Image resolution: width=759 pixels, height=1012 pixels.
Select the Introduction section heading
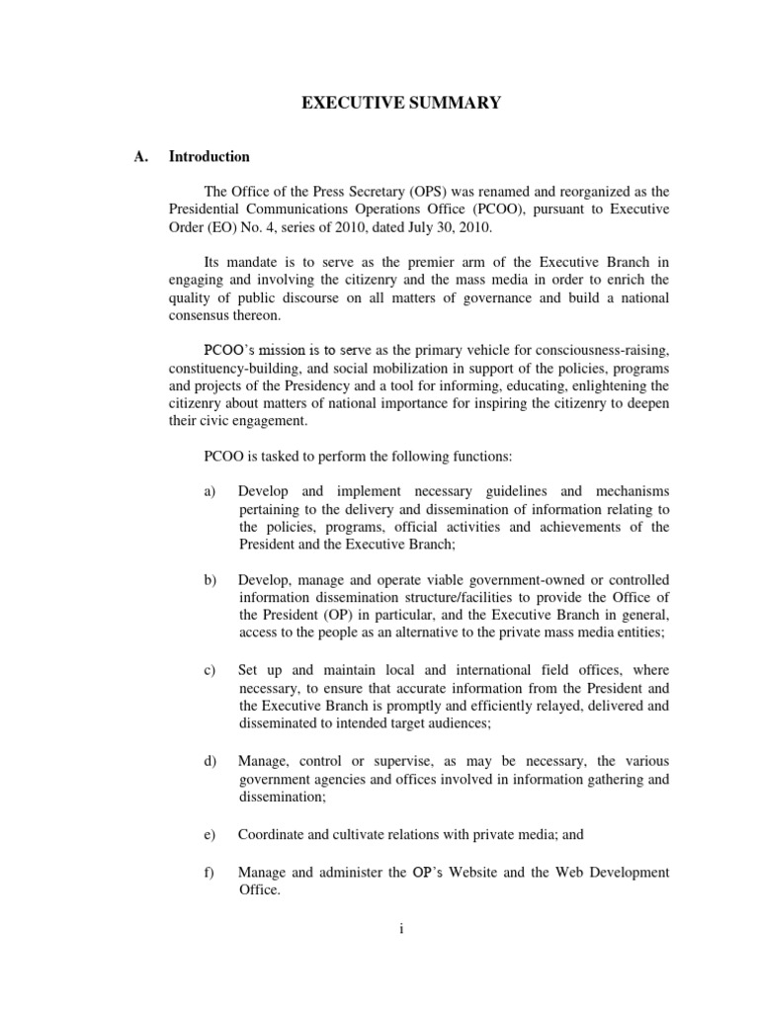tap(210, 156)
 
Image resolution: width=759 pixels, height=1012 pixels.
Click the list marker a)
tap(210, 491)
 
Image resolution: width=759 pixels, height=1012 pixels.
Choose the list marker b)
tap(210, 579)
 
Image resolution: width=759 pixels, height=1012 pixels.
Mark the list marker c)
tap(210, 669)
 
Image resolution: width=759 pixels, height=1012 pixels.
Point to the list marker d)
tap(210, 760)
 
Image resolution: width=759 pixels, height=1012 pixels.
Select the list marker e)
tap(210, 834)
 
